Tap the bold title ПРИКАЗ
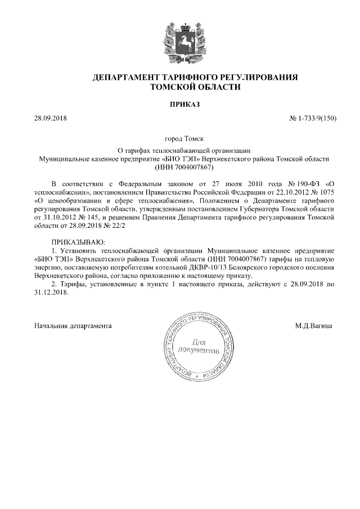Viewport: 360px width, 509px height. click(180, 105)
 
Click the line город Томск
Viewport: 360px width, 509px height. click(180, 138)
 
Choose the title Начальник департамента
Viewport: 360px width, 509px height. click(73, 326)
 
